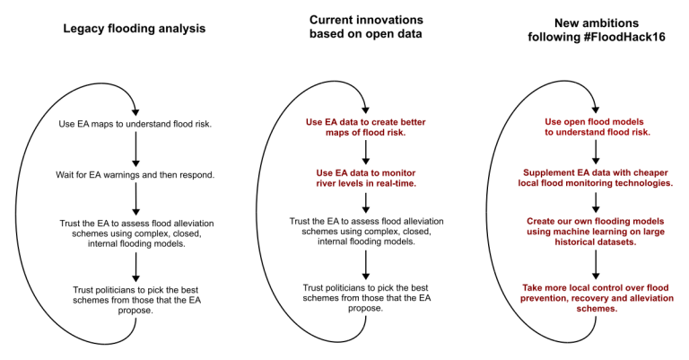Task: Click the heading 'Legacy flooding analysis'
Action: click(134, 29)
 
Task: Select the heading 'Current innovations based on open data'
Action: click(366, 27)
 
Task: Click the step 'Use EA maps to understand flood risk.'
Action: click(135, 124)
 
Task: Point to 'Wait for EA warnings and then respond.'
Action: click(135, 175)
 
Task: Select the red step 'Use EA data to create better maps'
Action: click(366, 127)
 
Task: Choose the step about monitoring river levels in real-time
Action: click(366, 178)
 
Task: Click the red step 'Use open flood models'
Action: click(596, 127)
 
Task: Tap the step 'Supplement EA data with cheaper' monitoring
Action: click(596, 178)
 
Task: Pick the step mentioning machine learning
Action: click(596, 232)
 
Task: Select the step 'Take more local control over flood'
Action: click(597, 298)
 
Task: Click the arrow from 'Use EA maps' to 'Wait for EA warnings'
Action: click(135, 149)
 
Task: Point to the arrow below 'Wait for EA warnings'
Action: click(135, 198)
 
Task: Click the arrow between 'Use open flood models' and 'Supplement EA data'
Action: click(596, 152)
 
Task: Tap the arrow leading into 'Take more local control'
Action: click(596, 265)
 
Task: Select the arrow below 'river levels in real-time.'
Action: click(366, 203)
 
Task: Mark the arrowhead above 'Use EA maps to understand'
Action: click(135, 112)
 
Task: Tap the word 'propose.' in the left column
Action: click(135, 311)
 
